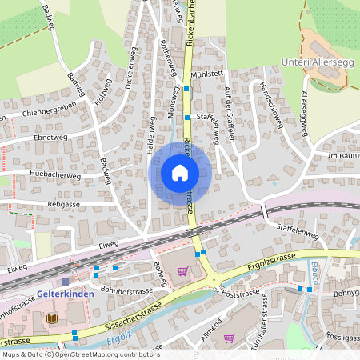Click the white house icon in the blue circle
tap(180, 172)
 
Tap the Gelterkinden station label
tap(66, 294)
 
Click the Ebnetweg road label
tap(51, 138)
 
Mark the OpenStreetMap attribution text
tap(81, 354)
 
